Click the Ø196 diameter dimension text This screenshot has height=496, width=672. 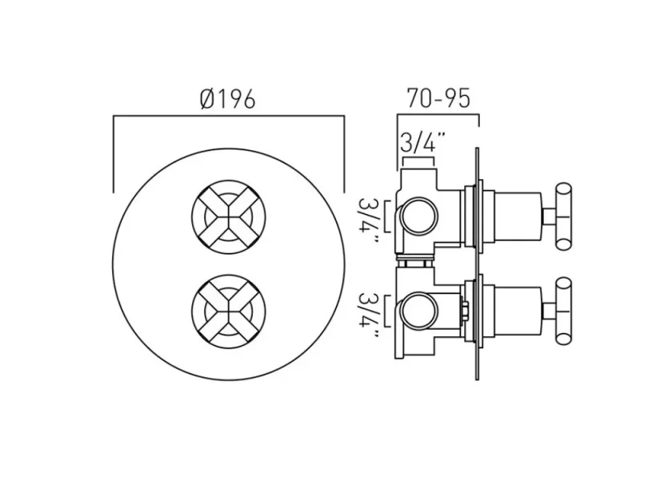coord(228,99)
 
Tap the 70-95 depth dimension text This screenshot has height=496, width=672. coord(438,98)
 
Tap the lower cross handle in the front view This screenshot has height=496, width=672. coord(228,312)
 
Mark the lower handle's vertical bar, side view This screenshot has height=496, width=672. coord(565,311)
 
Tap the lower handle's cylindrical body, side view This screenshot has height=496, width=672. coord(516,311)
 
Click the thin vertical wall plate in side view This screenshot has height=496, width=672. coord(478,264)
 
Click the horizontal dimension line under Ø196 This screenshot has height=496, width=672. coord(228,117)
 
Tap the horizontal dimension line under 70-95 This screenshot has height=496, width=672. coord(438,117)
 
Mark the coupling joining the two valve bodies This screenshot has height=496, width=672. coord(418,262)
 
